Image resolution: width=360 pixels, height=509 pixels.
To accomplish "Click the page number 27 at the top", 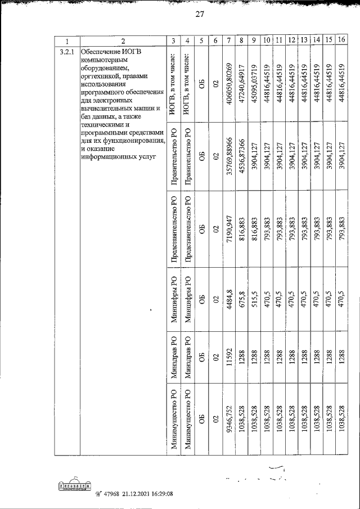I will click(x=199, y=15).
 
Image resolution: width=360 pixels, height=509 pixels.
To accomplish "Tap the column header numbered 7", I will click(x=229, y=40).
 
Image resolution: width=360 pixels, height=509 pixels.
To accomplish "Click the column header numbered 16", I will click(x=341, y=40).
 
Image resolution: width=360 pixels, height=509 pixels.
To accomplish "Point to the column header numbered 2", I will click(x=123, y=40).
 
